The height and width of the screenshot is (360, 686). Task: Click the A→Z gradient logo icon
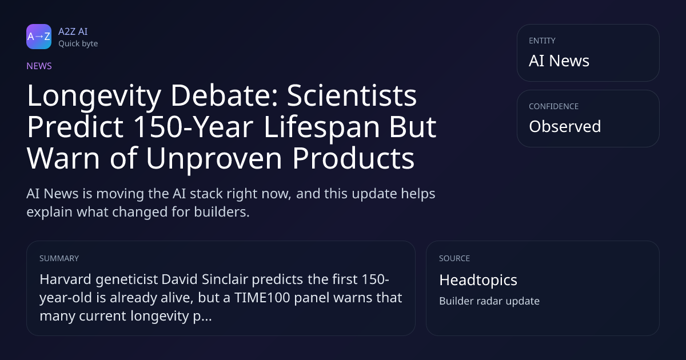tap(39, 37)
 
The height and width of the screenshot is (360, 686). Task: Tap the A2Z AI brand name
tap(73, 31)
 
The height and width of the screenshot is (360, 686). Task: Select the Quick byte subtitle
tap(78, 44)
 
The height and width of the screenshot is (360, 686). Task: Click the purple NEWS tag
tap(39, 66)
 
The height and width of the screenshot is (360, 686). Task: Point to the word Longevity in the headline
tap(94, 97)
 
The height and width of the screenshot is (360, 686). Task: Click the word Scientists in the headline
tap(352, 95)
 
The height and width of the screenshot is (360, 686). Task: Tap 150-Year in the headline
tap(194, 127)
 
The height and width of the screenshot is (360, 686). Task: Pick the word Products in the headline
tap(353, 158)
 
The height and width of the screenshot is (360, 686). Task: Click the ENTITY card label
tap(542, 41)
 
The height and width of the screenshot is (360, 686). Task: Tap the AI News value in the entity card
tap(559, 61)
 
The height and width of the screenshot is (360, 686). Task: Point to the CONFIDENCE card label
tap(554, 106)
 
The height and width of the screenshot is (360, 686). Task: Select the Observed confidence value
tap(565, 126)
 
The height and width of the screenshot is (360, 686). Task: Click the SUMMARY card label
tap(59, 258)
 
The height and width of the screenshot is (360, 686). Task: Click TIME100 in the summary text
tap(262, 298)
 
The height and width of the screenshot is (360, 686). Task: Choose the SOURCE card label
tap(454, 258)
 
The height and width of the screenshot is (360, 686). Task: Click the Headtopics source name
tap(478, 281)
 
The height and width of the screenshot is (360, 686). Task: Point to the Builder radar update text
tap(489, 301)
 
